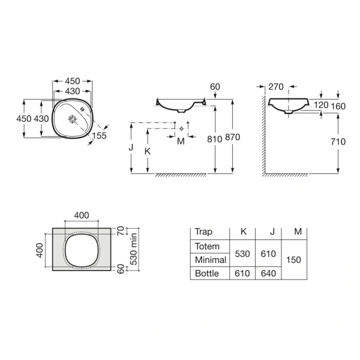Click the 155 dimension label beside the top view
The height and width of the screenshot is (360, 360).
click(100, 137)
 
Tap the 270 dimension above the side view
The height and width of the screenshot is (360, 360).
click(277, 87)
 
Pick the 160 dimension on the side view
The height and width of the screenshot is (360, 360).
click(338, 105)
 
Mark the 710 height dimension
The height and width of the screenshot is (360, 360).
click(338, 142)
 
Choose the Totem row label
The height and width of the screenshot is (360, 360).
click(208, 247)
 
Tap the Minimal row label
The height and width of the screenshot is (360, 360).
click(210, 260)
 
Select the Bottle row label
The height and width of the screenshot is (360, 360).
click(207, 274)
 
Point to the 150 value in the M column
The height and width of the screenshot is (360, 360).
click(294, 260)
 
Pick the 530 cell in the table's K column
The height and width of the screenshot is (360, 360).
click(242, 254)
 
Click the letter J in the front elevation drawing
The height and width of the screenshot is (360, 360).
click(130, 146)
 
